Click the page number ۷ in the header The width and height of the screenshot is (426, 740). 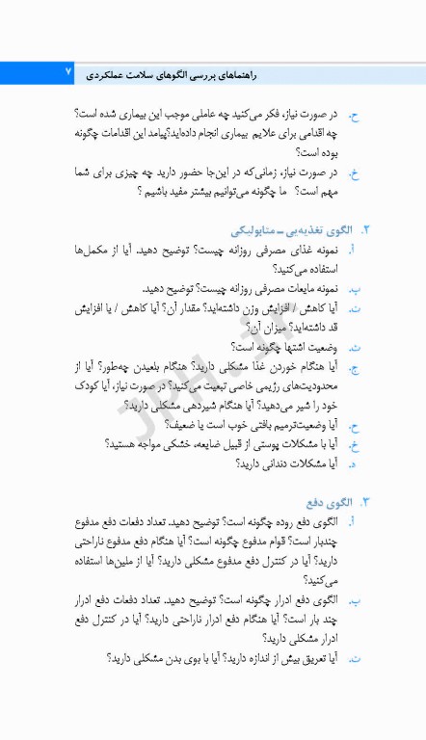pyautogui.click(x=68, y=72)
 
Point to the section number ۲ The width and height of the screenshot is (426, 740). pyautogui.click(x=364, y=231)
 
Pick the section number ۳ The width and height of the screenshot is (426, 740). pyautogui.click(x=364, y=502)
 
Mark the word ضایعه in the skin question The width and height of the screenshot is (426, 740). pyautogui.click(x=217, y=443)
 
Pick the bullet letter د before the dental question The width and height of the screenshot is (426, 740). pyautogui.click(x=353, y=463)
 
